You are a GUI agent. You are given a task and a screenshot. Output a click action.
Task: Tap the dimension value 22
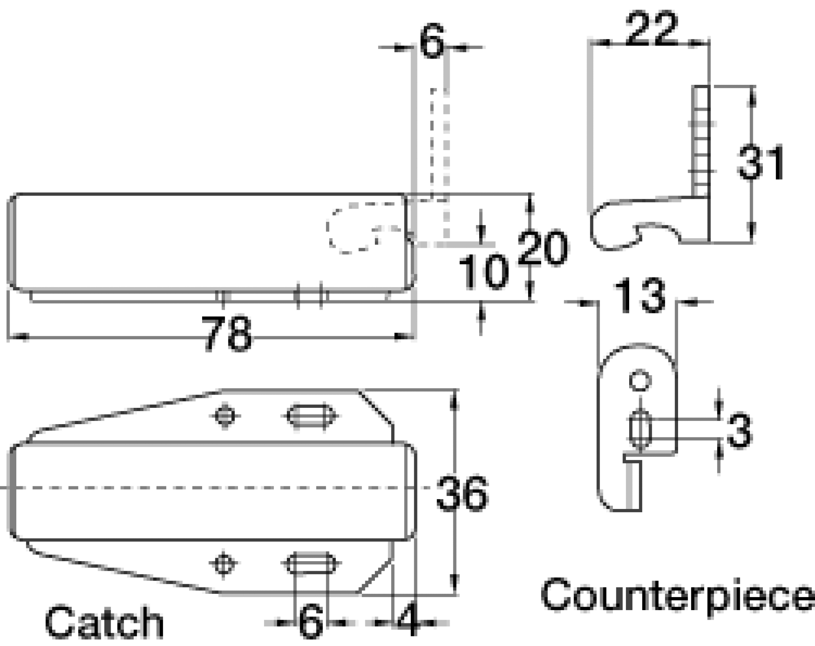pyautogui.click(x=651, y=29)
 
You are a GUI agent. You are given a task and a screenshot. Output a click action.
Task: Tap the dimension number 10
pyautogui.click(x=484, y=272)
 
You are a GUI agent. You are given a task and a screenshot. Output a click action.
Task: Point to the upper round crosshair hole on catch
pyautogui.click(x=225, y=417)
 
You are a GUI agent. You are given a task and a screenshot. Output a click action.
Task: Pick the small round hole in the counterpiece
pyautogui.click(x=640, y=381)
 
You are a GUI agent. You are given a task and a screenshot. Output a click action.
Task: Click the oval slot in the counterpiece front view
pyautogui.click(x=640, y=430)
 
